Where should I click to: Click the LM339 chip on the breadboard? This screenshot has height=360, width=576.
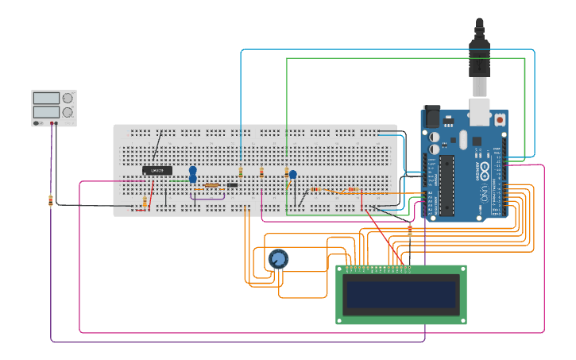(157, 170)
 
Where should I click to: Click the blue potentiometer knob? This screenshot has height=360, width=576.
(278, 259)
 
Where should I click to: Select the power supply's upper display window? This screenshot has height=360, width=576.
(46, 98)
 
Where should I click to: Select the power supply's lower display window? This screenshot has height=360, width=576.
(46, 114)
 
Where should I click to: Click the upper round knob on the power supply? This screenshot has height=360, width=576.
(68, 99)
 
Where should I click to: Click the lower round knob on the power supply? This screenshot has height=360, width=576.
(68, 114)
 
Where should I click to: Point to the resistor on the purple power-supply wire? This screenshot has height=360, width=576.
(51, 200)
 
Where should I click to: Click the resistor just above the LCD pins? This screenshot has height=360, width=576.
(410, 231)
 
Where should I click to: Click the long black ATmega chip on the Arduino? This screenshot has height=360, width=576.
(446, 184)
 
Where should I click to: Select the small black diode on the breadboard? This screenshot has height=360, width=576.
(232, 185)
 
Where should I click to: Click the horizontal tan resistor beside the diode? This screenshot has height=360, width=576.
(211, 185)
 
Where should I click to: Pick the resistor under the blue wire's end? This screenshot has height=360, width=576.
(241, 172)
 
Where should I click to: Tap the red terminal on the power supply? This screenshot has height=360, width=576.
(56, 123)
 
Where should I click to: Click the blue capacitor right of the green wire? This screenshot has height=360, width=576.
(292, 175)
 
